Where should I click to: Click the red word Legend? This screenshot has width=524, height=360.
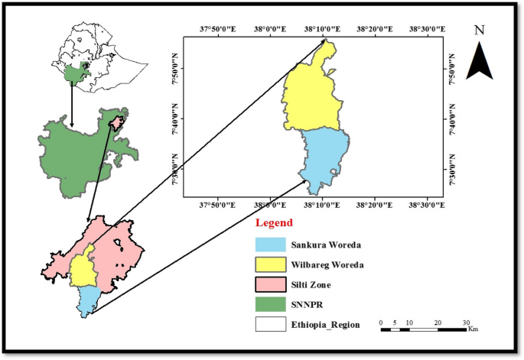pyautogui.click(x=274, y=223)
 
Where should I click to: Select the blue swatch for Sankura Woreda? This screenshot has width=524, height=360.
pyautogui.click(x=269, y=245)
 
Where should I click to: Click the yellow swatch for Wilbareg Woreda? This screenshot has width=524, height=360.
pyautogui.click(x=269, y=264)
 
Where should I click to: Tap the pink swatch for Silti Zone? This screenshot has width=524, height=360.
pyautogui.click(x=269, y=284)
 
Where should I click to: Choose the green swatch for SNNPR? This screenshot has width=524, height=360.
pyautogui.click(x=269, y=303)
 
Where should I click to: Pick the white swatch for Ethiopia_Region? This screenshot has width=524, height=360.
pyautogui.click(x=269, y=323)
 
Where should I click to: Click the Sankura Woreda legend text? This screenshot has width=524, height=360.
pyautogui.click(x=327, y=245)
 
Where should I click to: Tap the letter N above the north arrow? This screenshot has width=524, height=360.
pyautogui.click(x=480, y=31)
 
